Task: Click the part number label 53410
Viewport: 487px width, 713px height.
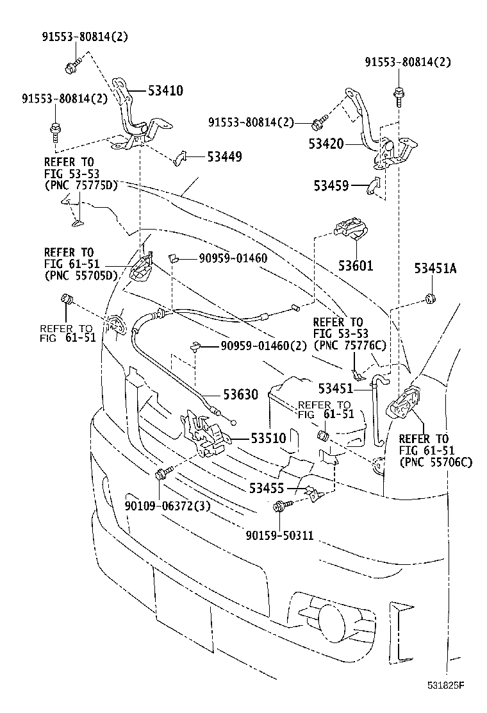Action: pyautogui.click(x=165, y=91)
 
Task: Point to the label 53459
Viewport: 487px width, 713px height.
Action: pyautogui.click(x=331, y=186)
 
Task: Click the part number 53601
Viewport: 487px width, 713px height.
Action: pyautogui.click(x=355, y=265)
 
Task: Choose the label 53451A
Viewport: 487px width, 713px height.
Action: pyautogui.click(x=435, y=269)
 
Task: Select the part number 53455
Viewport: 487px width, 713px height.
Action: pyautogui.click(x=267, y=489)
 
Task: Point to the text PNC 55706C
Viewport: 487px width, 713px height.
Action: pyautogui.click(x=436, y=462)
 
